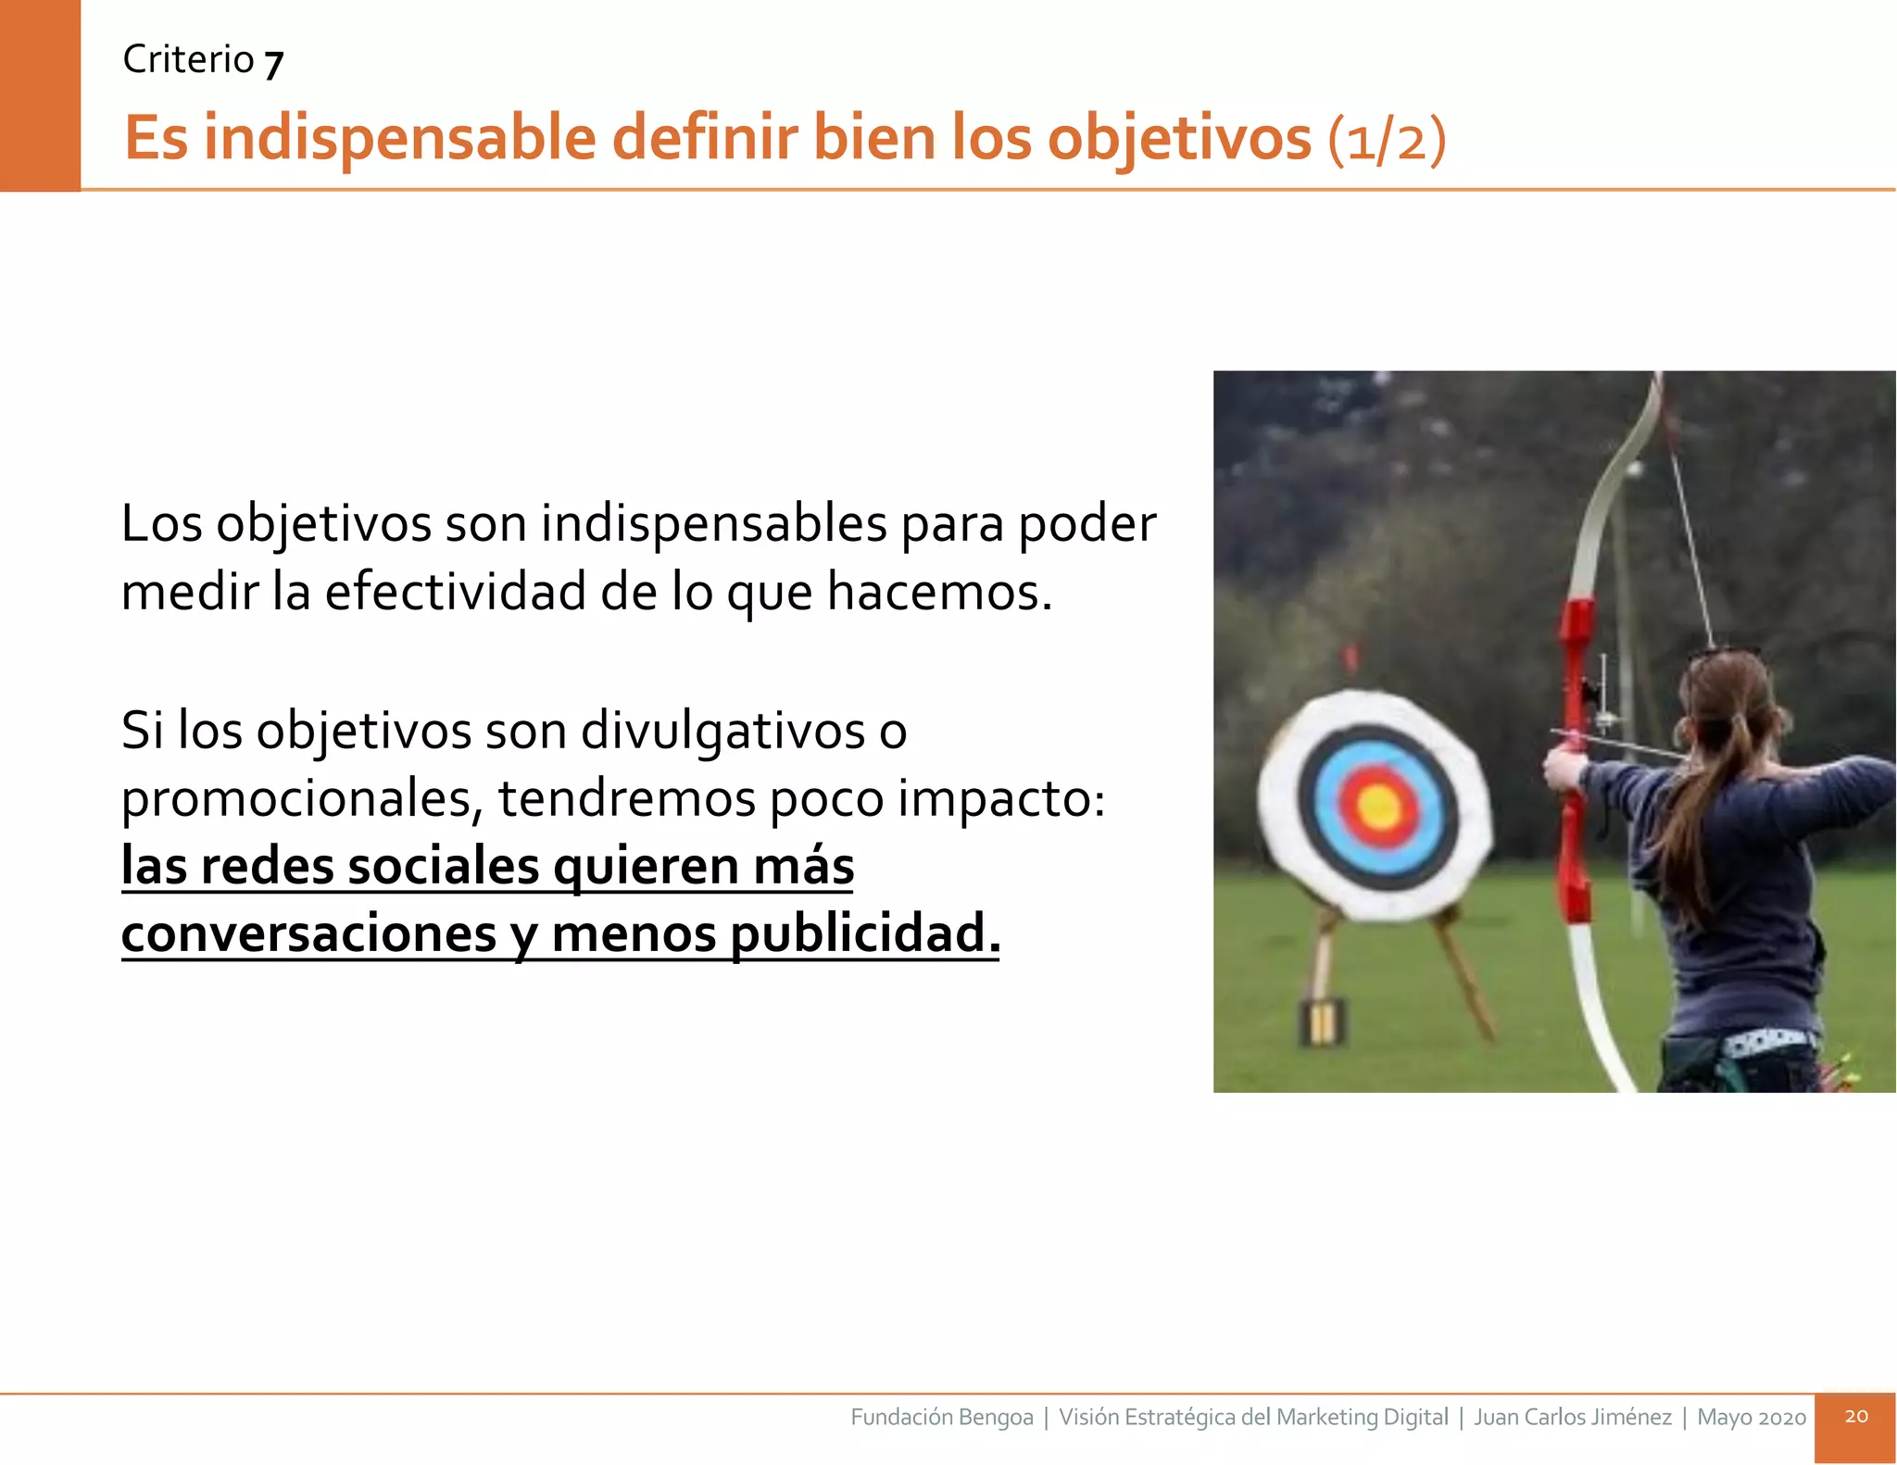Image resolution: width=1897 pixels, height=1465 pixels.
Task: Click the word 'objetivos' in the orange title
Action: [x=1180, y=139]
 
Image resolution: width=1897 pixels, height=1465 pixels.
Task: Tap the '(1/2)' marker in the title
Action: [x=1387, y=141]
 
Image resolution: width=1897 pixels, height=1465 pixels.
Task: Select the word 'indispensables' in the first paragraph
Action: [x=714, y=524]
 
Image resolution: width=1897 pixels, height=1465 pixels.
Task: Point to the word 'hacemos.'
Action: [x=939, y=592]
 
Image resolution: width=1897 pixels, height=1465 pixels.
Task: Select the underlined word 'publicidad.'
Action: [x=865, y=933]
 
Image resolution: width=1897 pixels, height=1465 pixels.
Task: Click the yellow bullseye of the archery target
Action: [x=1379, y=806]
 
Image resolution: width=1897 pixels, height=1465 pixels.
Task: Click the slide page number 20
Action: [x=1855, y=1417]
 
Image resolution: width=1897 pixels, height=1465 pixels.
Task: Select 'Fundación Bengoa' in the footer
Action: [x=941, y=1418]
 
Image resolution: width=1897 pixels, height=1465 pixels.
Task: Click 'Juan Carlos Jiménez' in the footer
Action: [x=1573, y=1418]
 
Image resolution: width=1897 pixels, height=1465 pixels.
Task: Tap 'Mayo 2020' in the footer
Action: [x=1751, y=1418]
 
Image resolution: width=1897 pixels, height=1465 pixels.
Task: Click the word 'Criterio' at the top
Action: [x=188, y=60]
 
